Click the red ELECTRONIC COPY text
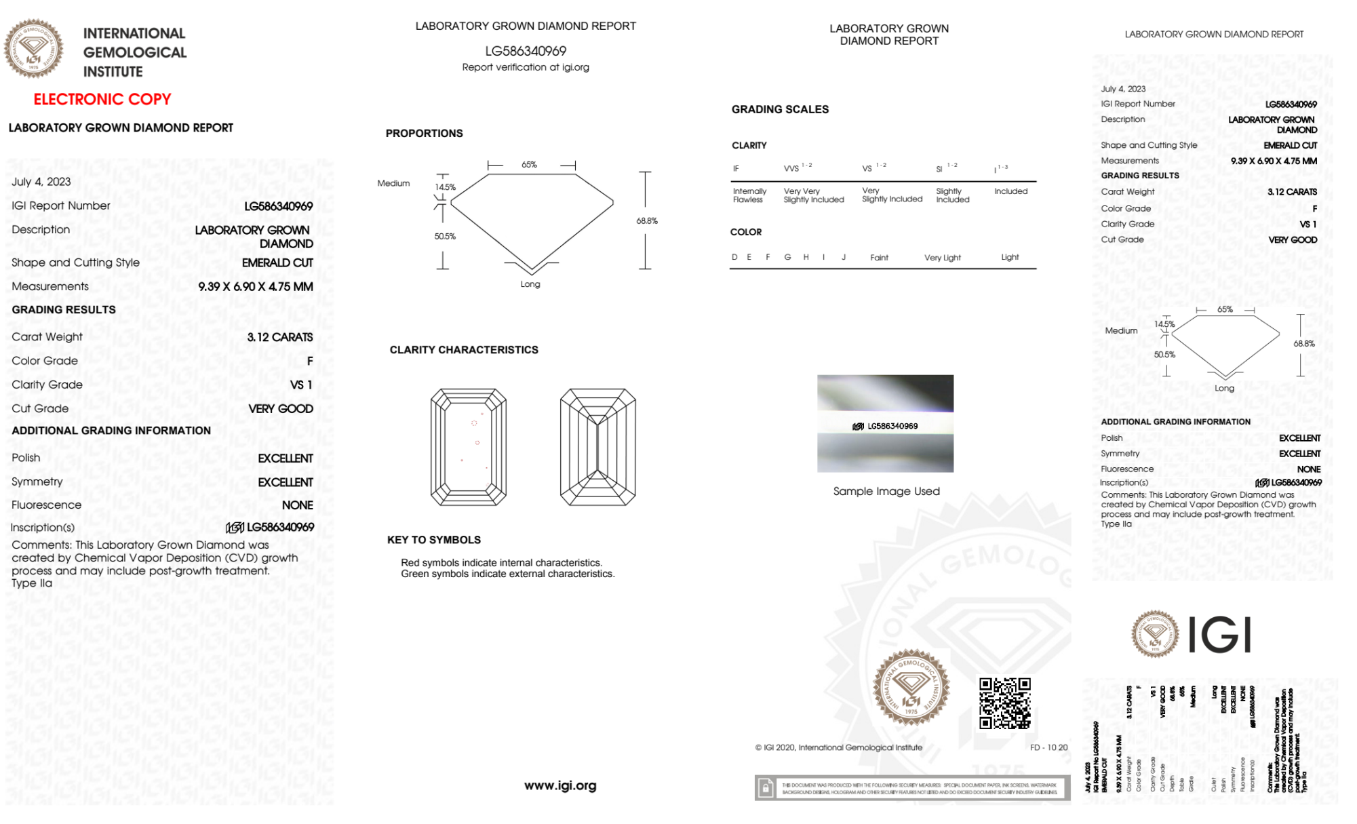tap(102, 99)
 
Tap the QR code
tap(1004, 703)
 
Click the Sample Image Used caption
tap(886, 491)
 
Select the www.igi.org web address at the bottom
tap(559, 785)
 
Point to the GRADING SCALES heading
tap(779, 109)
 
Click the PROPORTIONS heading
tap(424, 133)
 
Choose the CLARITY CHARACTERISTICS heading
tap(463, 349)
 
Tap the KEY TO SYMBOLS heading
tap(433, 540)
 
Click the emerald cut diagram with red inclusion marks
tap(468, 447)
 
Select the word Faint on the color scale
tap(879, 258)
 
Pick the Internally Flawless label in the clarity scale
tap(749, 195)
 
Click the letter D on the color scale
tap(734, 257)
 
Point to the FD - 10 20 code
tap(1048, 747)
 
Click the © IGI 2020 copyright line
tap(838, 747)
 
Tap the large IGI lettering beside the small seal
tap(1220, 635)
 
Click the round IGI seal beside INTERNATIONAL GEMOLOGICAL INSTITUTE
tap(33, 48)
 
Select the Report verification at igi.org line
tap(525, 67)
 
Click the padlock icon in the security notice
tap(765, 788)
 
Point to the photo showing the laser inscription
tap(885, 423)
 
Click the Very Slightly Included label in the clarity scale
tap(891, 195)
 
